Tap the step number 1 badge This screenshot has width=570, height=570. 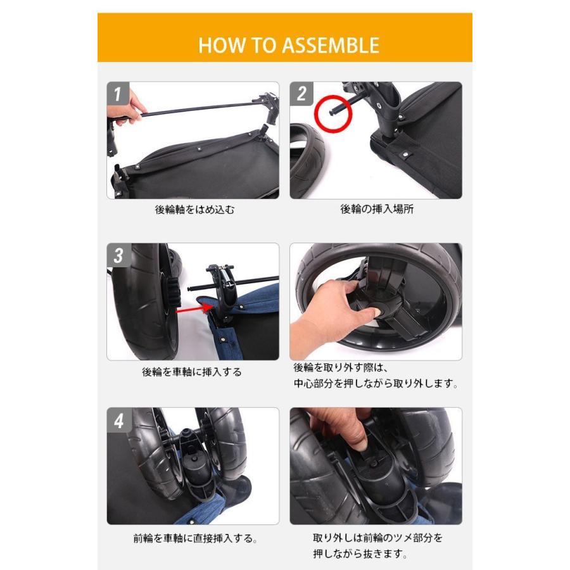[117, 94]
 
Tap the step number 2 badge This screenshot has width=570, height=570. [301, 94]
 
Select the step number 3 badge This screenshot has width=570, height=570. [118, 255]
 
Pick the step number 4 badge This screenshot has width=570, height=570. [118, 421]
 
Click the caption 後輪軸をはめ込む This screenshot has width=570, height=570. [194, 210]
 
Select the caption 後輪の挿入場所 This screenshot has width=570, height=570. [377, 209]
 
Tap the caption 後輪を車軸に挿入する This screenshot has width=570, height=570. [191, 372]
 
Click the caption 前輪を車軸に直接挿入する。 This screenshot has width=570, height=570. [195, 538]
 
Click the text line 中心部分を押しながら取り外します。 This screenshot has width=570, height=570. [376, 384]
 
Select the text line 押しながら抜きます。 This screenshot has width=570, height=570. [360, 554]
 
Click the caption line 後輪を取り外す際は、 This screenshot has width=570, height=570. [341, 368]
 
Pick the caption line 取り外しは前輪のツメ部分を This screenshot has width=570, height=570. [377, 538]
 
